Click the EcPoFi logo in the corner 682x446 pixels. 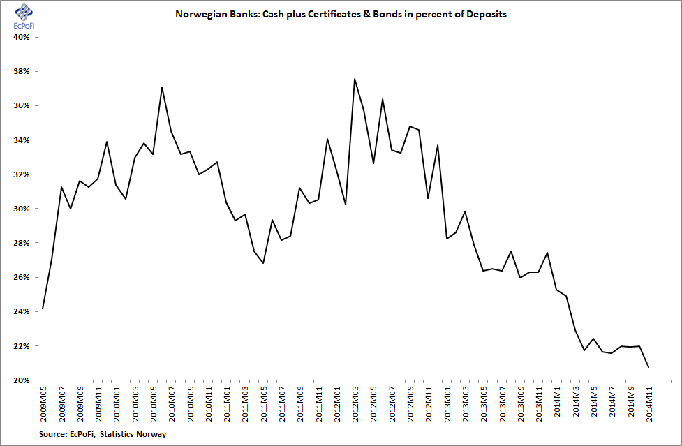coord(24,17)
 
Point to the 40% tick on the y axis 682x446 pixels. coord(22,38)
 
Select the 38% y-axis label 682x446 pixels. coord(22,72)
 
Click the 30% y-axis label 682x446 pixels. coord(22,209)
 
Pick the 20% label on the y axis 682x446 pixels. coord(22,381)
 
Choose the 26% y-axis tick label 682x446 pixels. coord(22,278)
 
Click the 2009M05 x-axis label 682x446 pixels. coord(43,403)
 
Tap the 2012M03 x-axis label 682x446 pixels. coord(355,403)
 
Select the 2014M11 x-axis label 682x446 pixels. coord(649,403)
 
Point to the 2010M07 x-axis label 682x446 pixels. coord(172,403)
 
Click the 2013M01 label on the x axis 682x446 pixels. coord(447,403)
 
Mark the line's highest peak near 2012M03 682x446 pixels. coord(355,79)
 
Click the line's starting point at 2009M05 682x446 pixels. coord(43,309)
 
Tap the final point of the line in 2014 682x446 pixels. coord(648,367)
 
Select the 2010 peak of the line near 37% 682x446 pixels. coord(162,87)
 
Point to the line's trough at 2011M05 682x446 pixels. coord(263,263)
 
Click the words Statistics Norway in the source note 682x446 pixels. coord(133,434)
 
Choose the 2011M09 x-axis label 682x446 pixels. coord(300,403)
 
